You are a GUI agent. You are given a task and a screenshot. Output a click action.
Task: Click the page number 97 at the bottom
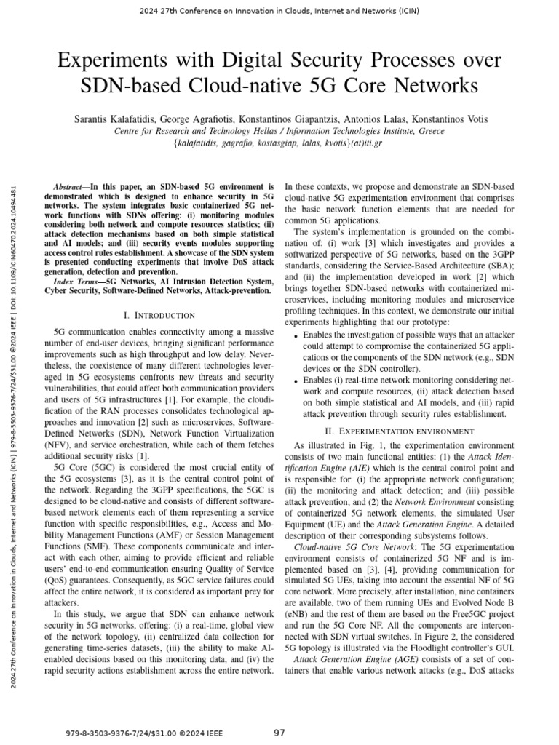tap(279, 732)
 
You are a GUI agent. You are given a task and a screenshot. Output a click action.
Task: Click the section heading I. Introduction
tap(159, 315)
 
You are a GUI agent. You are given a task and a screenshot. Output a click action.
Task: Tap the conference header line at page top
tap(279, 9)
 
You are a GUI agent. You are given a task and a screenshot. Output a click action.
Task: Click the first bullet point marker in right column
tap(294, 335)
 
